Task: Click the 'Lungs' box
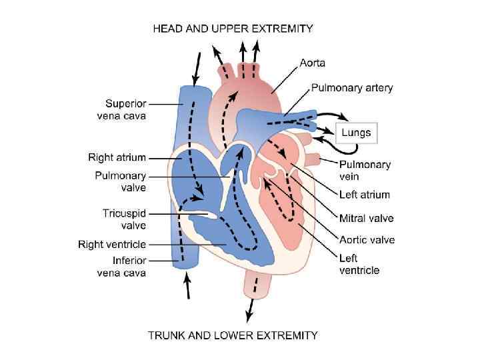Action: tap(356, 133)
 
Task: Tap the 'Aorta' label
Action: tap(312, 63)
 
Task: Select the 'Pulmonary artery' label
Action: tap(352, 87)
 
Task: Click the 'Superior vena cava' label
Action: tap(125, 109)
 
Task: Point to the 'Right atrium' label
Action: tap(117, 157)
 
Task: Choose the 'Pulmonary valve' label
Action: tap(120, 181)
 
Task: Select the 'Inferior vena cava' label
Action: tap(121, 267)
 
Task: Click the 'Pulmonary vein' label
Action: tap(365, 170)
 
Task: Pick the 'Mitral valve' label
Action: tap(366, 218)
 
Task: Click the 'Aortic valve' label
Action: tap(367, 240)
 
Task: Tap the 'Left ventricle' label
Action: tap(359, 264)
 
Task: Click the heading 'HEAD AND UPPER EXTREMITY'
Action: tap(233, 29)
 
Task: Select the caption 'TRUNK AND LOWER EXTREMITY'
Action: tap(233, 335)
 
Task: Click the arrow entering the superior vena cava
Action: tap(195, 65)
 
